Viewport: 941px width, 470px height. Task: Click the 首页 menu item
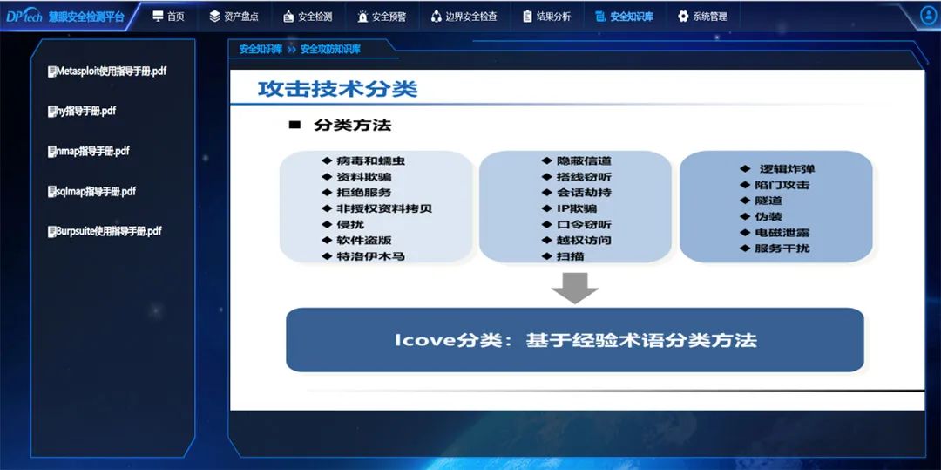coord(169,17)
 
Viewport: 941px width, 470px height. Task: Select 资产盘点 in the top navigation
coord(234,17)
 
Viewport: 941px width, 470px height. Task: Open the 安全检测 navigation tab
coord(308,17)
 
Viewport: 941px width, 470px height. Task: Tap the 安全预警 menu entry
coord(382,17)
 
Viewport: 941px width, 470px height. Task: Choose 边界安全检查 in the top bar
coord(464,17)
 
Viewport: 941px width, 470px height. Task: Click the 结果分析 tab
coord(546,17)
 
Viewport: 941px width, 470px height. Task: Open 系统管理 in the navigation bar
coord(702,17)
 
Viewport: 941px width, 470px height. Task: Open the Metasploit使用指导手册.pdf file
coord(107,71)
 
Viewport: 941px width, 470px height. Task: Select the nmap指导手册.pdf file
coord(88,151)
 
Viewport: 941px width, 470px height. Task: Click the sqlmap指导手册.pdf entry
coord(91,192)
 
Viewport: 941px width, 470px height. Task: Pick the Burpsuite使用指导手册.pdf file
coord(105,231)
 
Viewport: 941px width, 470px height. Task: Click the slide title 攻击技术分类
coord(337,89)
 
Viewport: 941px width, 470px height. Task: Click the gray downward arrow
coord(574,288)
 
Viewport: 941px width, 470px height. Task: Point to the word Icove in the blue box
coord(417,340)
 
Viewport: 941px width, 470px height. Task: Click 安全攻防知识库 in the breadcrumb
coord(331,49)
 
